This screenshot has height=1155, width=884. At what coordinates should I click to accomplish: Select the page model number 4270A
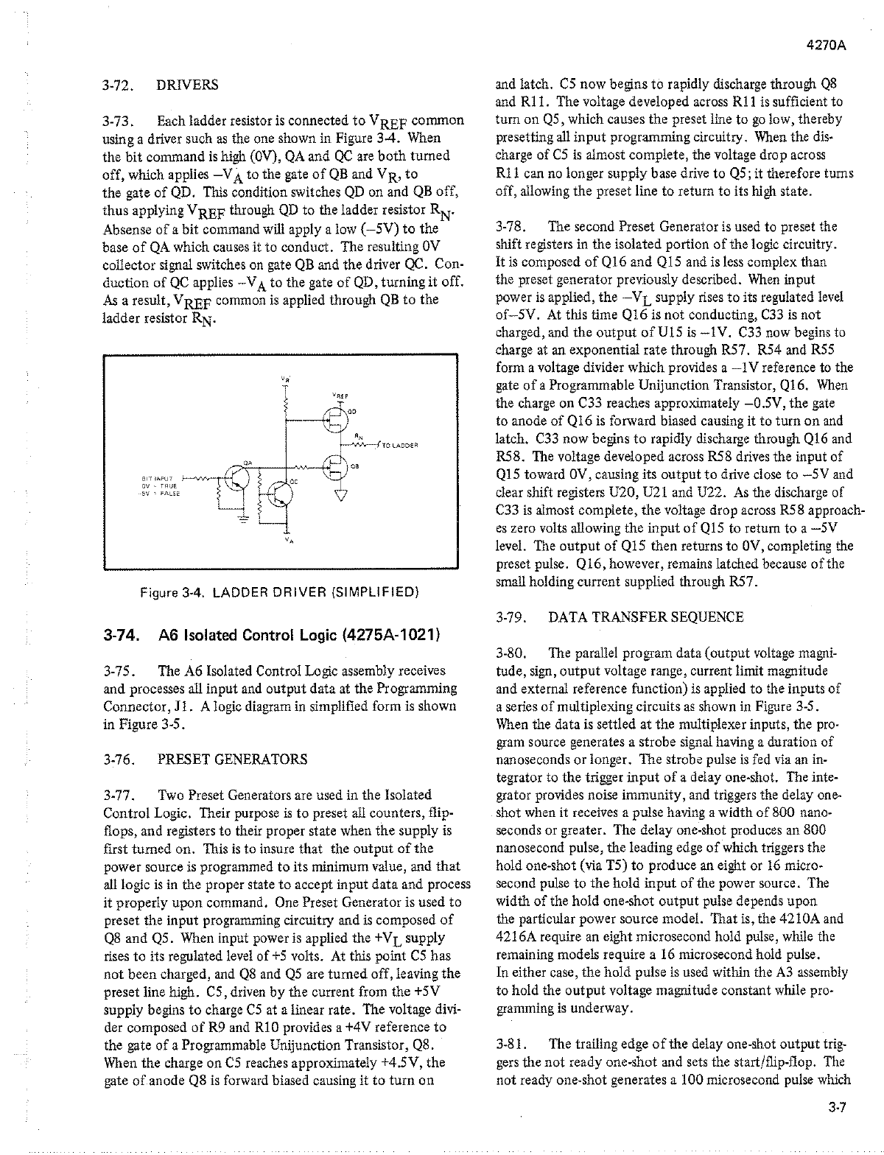[x=826, y=43]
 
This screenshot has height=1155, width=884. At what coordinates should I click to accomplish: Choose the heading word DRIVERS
[x=187, y=85]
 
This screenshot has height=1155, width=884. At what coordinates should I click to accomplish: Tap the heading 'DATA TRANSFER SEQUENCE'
[x=646, y=617]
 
